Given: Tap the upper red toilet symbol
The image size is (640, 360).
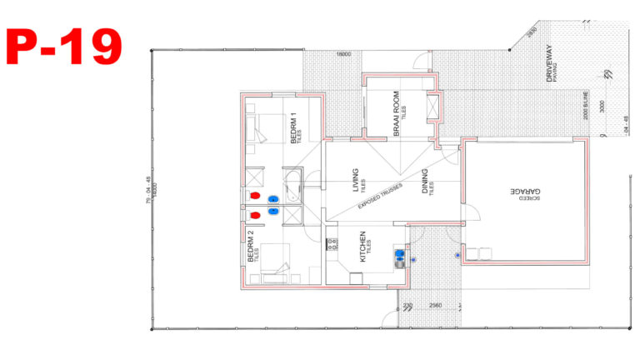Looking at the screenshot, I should [256, 197].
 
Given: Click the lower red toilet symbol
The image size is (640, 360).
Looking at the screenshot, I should [256, 216].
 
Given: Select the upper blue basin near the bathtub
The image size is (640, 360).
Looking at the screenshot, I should [272, 199].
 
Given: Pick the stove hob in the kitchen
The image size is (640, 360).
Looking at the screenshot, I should [332, 246].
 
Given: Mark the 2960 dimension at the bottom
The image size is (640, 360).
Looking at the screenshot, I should [435, 307].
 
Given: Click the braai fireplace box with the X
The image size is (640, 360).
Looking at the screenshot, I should [432, 109].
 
